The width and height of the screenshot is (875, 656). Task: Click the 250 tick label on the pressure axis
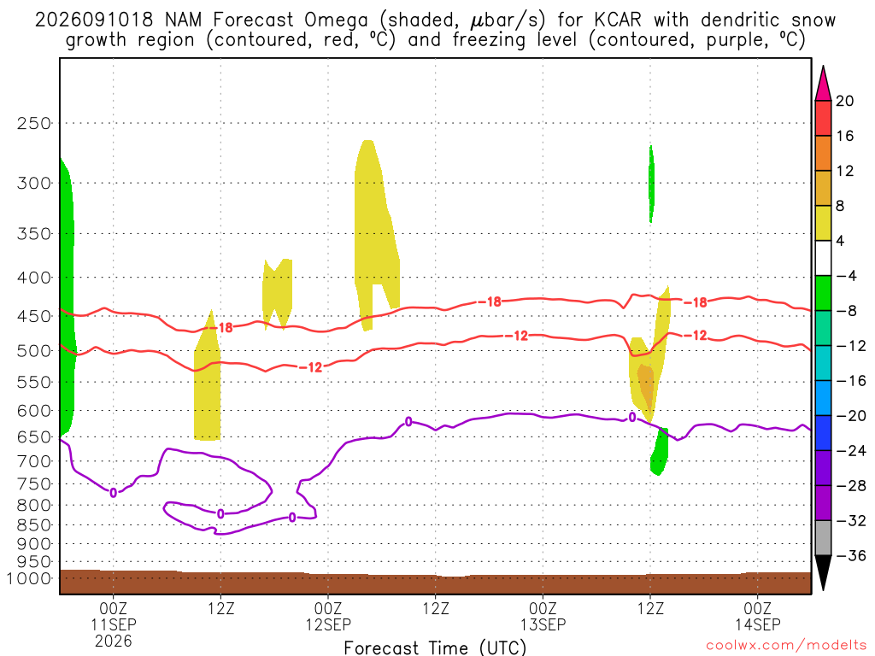(34, 123)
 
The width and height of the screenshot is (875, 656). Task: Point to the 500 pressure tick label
(34, 351)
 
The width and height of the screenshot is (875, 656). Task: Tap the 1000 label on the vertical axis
(30, 578)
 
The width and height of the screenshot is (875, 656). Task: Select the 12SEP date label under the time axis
(328, 624)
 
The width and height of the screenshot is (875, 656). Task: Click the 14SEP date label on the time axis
(758, 624)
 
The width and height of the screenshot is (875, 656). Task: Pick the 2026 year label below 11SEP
(114, 641)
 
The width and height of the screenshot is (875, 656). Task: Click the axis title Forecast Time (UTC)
(435, 647)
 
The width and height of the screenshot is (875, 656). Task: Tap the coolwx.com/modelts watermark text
(786, 646)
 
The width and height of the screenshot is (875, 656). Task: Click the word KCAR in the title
(618, 20)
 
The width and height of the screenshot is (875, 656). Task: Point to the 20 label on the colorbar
(844, 101)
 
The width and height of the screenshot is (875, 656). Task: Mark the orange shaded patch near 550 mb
(646, 384)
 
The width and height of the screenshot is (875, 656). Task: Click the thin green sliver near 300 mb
(651, 184)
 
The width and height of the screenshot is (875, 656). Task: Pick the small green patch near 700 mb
(660, 452)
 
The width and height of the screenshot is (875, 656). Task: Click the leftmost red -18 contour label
(226, 327)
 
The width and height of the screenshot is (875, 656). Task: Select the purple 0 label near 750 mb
(114, 493)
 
